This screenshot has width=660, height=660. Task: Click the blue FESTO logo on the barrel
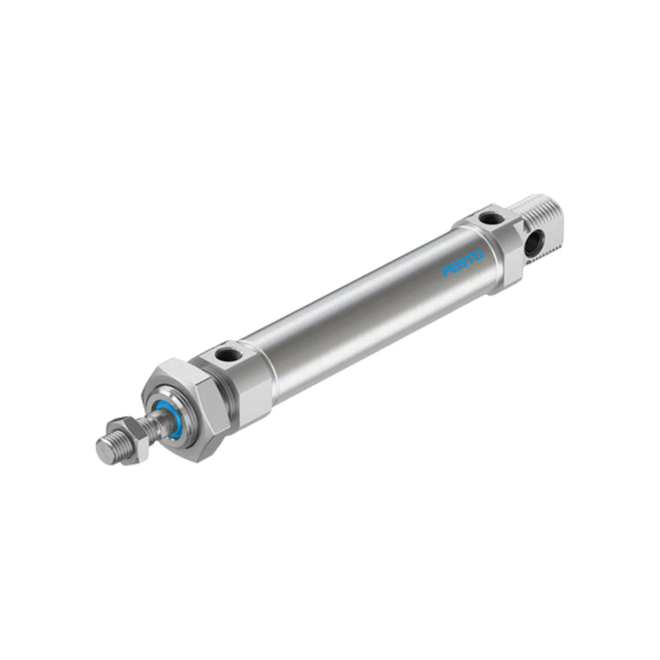click(462, 263)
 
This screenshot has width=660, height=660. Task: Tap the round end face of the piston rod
click(104, 451)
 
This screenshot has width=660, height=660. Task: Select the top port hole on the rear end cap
click(489, 219)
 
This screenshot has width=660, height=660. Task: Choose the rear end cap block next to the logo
click(495, 247)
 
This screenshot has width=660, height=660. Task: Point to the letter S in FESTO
click(462, 263)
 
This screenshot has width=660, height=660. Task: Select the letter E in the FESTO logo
click(455, 267)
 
